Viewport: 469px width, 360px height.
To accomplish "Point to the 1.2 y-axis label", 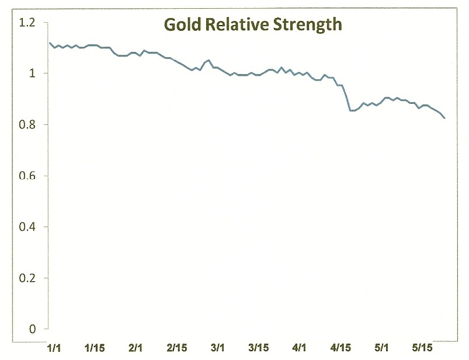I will pos(26,23).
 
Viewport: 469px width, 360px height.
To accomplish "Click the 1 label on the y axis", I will pos(33,74).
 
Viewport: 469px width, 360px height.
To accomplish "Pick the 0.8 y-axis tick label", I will pos(27,125).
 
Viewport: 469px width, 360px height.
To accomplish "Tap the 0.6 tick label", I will pos(27,176).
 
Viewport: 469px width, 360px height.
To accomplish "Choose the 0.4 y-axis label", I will pos(27,227).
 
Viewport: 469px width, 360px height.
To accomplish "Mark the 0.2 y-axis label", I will pos(27,278).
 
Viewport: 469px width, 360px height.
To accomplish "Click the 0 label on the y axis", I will pos(33,329).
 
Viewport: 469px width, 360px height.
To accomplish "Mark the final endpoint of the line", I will pos(445,118).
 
